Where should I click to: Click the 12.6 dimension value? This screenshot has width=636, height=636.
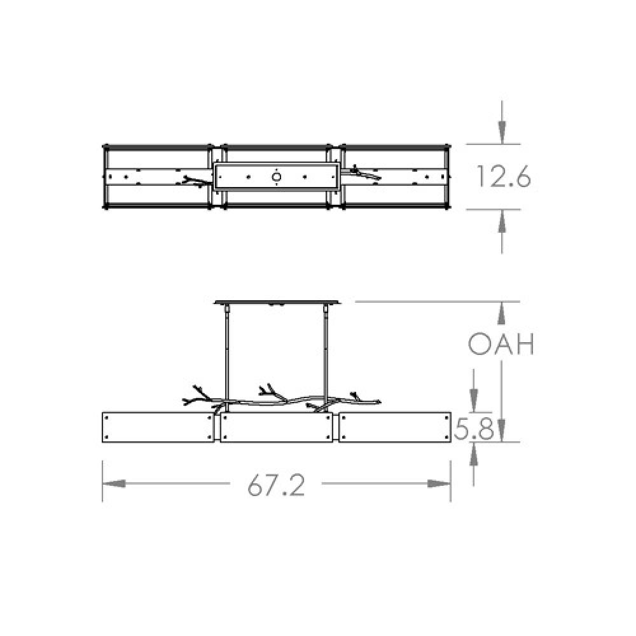coord(503,177)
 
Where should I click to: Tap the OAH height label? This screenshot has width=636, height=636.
coord(501,345)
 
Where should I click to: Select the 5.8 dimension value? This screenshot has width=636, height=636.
coord(474,431)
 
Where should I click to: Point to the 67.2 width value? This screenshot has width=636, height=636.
coord(277,486)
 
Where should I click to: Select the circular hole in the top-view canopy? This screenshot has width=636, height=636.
coord(277,177)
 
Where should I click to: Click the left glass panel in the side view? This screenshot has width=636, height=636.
coord(158,427)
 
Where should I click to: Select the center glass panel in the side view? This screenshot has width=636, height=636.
coord(277,430)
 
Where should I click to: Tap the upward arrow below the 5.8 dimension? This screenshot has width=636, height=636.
coord(474,455)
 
